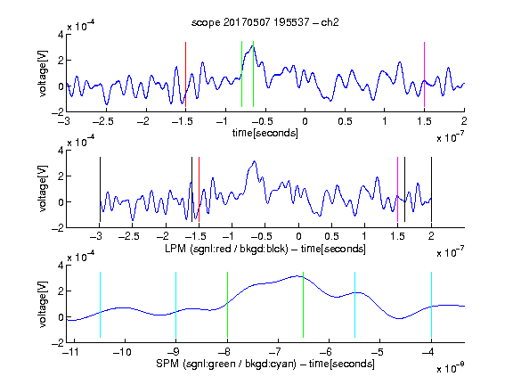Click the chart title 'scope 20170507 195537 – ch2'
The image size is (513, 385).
265,22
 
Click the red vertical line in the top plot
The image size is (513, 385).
185,74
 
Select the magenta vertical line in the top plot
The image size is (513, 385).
424,74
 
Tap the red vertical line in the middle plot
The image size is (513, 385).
199,190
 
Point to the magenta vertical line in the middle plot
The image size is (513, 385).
397,190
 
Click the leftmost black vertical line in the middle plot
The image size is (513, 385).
100,190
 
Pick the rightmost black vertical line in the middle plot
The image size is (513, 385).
431,190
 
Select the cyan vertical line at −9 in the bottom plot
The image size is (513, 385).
175,305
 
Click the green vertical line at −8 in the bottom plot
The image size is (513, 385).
227,305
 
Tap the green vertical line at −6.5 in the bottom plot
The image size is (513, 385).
304,305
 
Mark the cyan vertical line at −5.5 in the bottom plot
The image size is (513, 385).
354,305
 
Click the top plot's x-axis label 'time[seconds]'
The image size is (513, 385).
265,133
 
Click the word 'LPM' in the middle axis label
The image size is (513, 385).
175,249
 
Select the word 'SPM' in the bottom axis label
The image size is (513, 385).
167,364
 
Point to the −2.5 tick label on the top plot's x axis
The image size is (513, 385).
102,121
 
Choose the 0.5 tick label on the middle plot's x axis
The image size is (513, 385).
331,236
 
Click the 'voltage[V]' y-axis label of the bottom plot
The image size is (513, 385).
43,304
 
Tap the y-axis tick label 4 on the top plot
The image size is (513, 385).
61,35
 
